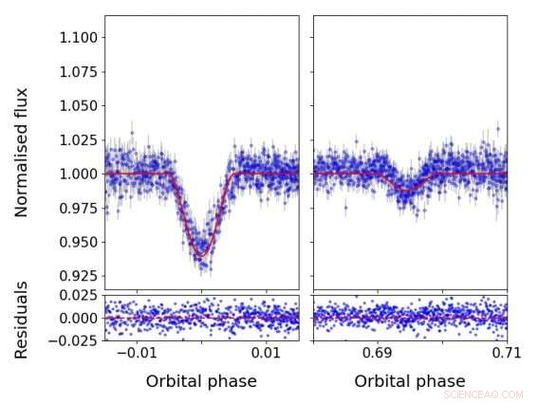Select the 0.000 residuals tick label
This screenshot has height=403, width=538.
(x=76, y=319)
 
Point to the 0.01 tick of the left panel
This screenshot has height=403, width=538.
(x=266, y=354)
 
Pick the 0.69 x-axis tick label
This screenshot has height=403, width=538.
(x=377, y=354)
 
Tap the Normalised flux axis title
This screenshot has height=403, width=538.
(x=22, y=152)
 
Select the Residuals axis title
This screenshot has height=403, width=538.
(x=22, y=320)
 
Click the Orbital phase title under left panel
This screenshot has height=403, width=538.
(x=201, y=381)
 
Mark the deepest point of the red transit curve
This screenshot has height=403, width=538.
(x=201, y=256)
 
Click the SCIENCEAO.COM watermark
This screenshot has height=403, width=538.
(x=483, y=393)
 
